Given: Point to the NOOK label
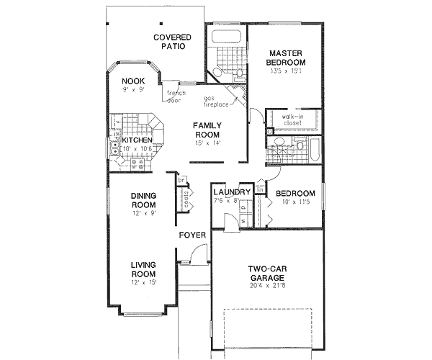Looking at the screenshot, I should (132, 81).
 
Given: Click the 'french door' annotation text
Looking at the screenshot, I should (176, 96).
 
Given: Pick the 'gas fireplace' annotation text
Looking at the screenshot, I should (215, 100).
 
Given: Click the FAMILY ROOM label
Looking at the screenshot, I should (207, 130).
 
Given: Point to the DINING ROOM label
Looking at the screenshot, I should (144, 200).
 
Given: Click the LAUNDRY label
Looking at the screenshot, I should (232, 192).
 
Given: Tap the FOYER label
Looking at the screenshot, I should (193, 235).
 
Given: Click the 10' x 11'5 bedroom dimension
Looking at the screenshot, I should (295, 203).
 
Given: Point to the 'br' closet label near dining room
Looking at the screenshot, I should (182, 179).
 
